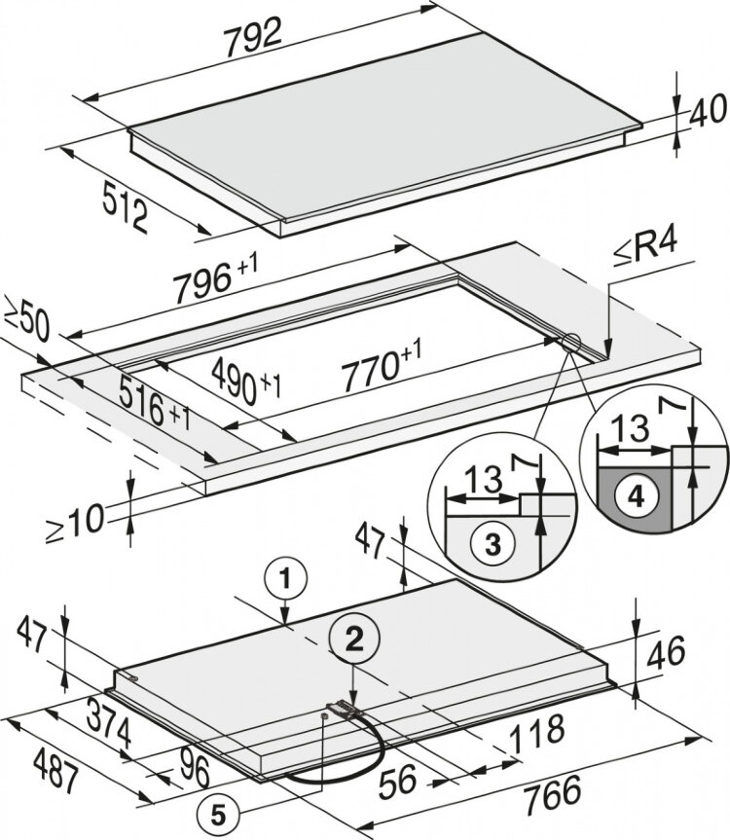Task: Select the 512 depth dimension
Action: coord(126,206)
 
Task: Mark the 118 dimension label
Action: coord(533,730)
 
